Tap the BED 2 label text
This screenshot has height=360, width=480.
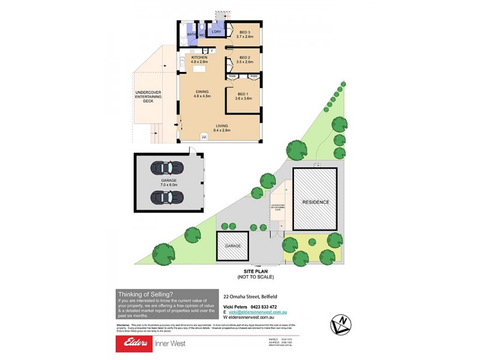pos(244,58)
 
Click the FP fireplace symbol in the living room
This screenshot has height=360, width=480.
pos(204,137)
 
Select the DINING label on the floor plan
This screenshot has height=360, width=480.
pos(202,91)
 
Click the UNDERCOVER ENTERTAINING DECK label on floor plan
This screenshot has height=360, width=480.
pos(144,97)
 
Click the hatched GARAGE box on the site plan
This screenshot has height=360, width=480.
pos(233,246)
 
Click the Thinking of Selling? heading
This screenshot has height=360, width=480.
pos(146,293)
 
